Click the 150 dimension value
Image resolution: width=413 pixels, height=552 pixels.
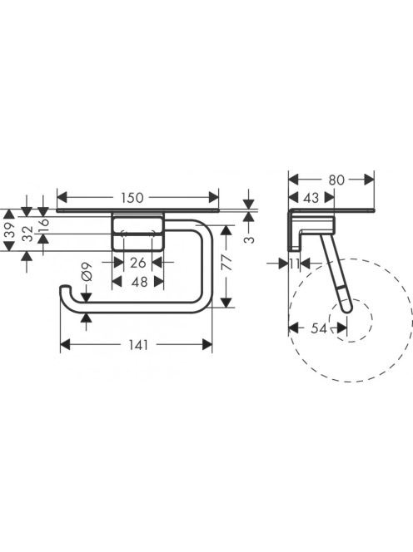(132, 198)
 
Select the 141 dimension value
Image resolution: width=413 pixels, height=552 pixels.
(138, 345)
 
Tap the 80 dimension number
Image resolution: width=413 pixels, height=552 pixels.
(336, 180)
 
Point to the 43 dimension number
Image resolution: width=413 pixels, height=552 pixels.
(311, 198)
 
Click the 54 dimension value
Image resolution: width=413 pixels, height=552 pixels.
(319, 328)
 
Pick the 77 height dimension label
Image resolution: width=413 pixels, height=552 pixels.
(227, 262)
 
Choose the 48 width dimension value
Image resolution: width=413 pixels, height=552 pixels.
(139, 282)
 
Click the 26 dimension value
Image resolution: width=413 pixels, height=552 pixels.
(138, 262)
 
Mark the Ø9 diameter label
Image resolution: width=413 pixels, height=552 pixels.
(87, 271)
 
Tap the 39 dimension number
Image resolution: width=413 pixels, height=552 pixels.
(11, 229)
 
